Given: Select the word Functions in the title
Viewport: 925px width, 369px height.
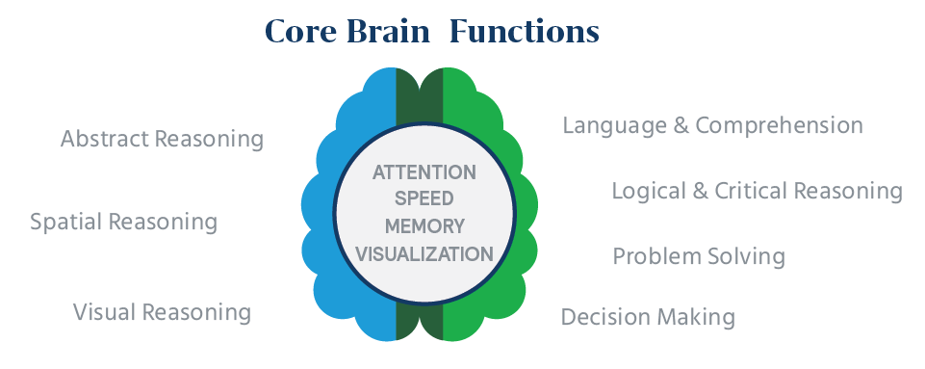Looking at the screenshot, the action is tap(526, 33).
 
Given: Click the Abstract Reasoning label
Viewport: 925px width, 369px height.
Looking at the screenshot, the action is tap(162, 140).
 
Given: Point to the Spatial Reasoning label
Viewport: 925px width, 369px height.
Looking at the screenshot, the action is tap(123, 223).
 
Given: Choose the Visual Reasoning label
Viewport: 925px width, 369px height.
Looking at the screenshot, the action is tap(162, 312).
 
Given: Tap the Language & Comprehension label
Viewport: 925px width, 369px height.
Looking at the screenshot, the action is tap(712, 126).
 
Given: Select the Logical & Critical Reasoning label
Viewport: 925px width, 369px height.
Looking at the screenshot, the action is tap(757, 191).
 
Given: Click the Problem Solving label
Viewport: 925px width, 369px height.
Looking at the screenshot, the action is tap(699, 257).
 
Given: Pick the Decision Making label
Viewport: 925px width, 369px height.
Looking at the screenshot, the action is tap(648, 317).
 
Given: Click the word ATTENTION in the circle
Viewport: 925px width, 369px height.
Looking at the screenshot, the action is tap(424, 172).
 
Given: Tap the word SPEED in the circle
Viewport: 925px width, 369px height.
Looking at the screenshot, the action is tap(424, 199).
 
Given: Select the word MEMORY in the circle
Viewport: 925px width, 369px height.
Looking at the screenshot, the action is tap(424, 227).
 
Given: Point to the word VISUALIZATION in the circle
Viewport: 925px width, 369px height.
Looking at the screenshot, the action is tap(424, 254).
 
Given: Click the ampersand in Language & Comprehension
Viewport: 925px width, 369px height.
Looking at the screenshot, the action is tap(681, 126).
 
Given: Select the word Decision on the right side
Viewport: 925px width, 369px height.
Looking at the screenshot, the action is tap(604, 317).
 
